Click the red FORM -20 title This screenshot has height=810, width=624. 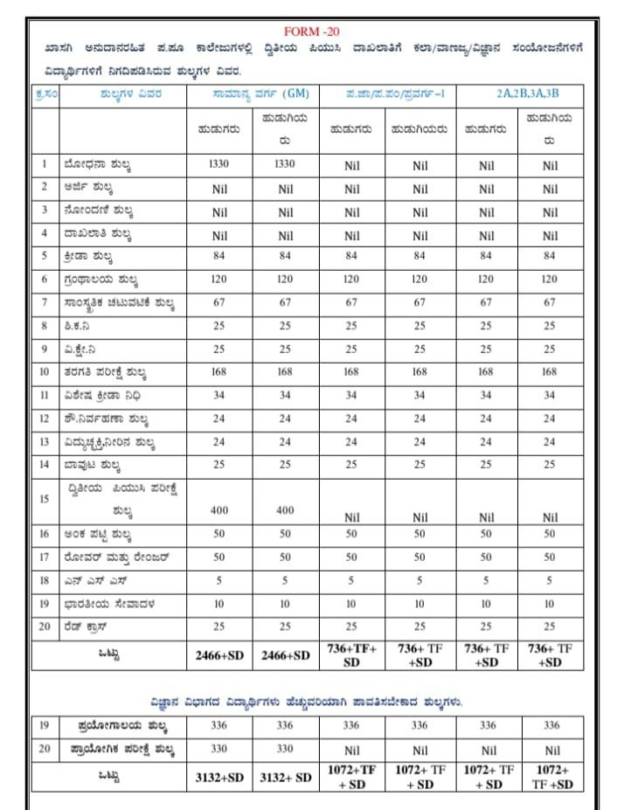tap(312, 31)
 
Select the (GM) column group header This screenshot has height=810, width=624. tap(254, 95)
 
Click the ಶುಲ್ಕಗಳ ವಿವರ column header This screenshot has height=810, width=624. tap(122, 95)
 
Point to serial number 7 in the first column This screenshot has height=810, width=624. tap(45, 302)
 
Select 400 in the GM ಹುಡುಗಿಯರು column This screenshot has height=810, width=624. tap(286, 509)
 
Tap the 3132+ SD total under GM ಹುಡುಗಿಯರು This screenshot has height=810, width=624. tap(286, 778)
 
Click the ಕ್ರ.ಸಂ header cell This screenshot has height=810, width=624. tap(45, 95)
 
